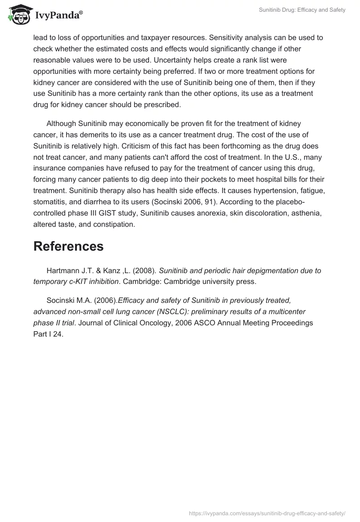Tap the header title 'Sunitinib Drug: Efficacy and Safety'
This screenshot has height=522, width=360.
pyautogui.click(x=302, y=10)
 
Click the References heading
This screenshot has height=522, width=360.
pyautogui.click(x=68, y=247)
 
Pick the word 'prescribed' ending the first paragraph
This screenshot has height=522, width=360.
pyautogui.click(x=161, y=104)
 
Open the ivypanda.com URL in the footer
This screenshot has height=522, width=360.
pyautogui.click(x=267, y=513)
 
